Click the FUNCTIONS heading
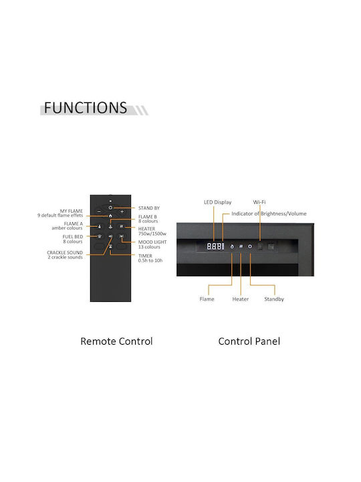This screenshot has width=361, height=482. (x=86, y=108)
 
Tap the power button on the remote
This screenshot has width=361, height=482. (x=110, y=208)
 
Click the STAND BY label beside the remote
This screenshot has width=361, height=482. (x=149, y=208)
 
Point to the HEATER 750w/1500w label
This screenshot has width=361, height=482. (x=152, y=231)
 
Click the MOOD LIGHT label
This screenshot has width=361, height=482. (x=152, y=244)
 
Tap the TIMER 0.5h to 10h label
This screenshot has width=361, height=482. (x=150, y=258)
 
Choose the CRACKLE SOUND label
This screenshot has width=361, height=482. (x=65, y=255)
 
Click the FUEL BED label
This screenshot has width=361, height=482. (x=73, y=239)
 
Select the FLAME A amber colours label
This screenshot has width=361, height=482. (x=68, y=226)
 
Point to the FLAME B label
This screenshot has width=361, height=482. (x=148, y=219)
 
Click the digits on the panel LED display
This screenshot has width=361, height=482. (x=215, y=246)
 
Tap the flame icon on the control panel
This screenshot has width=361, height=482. (x=232, y=246)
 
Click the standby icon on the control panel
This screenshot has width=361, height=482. (x=250, y=246)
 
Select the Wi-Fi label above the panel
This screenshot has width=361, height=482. (x=259, y=202)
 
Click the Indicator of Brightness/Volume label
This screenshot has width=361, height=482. (x=269, y=214)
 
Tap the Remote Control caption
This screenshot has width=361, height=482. (x=116, y=341)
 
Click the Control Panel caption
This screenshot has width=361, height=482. (x=249, y=341)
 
